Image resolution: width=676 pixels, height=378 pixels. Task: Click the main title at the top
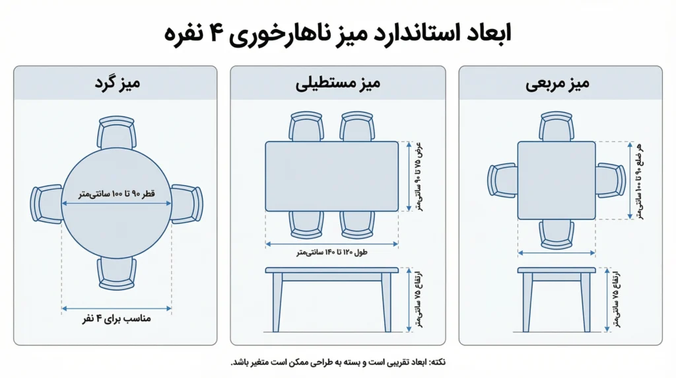[x=337, y=34]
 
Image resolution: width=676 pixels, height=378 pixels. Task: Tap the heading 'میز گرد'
[x=118, y=83]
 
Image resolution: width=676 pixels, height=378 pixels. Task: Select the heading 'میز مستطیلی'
[x=337, y=83]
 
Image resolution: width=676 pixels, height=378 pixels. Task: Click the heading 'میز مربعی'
[x=557, y=83]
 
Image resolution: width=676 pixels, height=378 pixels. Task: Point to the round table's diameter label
[x=116, y=194]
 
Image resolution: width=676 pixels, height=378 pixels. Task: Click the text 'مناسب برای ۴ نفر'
[x=116, y=319]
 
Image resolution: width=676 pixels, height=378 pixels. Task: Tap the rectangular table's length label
[x=331, y=252]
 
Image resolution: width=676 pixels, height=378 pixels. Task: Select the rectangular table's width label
[x=418, y=176]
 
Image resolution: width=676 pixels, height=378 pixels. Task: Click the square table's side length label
[x=639, y=181]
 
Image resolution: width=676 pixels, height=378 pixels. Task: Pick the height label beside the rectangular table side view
[x=418, y=299]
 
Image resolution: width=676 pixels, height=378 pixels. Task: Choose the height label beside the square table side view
[x=617, y=299]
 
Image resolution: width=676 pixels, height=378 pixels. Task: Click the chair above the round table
[x=116, y=132]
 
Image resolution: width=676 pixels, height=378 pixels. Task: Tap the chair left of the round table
[x=47, y=204]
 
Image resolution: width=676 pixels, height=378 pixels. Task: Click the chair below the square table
[x=557, y=235]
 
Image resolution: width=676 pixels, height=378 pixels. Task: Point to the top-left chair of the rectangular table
[x=306, y=126]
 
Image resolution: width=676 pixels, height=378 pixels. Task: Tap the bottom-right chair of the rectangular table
[x=357, y=225]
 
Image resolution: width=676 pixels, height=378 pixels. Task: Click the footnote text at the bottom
[x=338, y=362]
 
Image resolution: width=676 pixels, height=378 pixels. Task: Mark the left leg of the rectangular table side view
[x=278, y=303]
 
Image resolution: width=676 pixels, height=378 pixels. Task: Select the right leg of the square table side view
[x=586, y=303]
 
